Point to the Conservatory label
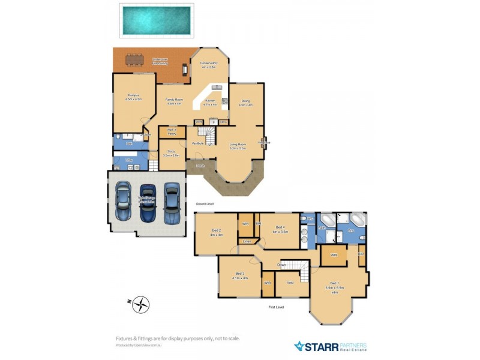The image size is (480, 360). click(209, 64)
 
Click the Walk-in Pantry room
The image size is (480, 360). click(172, 132)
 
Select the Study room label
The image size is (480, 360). click(171, 152)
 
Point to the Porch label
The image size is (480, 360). click(200, 165)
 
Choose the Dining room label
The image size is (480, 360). click(245, 102)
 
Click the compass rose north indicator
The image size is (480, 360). click(141, 304)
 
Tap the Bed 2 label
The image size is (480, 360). click(217, 232)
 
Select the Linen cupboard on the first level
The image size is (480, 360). click(247, 241)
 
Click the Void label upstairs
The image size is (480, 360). click(290, 283)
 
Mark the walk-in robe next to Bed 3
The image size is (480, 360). click(268, 283)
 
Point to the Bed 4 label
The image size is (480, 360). click(279, 229)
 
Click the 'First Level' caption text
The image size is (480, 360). click(276, 307)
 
